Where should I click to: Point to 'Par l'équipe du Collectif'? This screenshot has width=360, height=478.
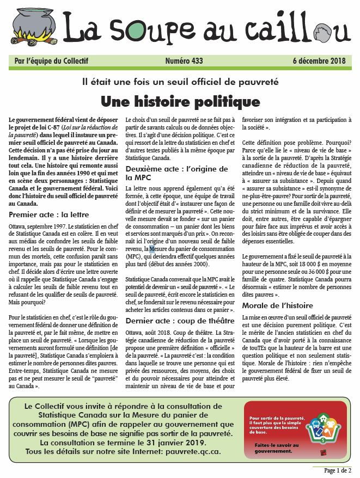click(51, 61)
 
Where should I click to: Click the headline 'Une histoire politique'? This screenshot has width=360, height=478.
click(180, 102)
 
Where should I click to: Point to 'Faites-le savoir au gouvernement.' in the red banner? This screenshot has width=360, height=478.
click(271, 448)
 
